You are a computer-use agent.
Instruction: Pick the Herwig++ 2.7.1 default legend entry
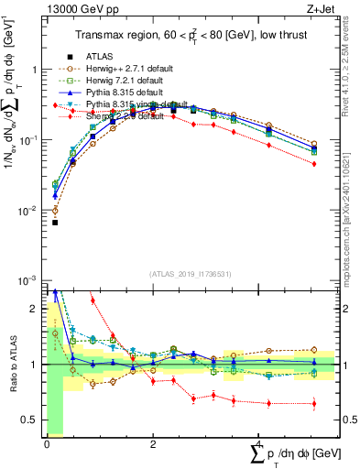[128, 68]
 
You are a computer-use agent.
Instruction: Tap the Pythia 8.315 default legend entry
[126, 92]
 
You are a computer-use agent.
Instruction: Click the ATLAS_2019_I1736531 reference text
[190, 273]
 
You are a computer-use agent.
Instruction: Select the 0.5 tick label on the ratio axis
[30, 420]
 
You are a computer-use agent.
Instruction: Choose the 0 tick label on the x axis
[47, 443]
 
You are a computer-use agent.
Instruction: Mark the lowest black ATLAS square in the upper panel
[55, 222]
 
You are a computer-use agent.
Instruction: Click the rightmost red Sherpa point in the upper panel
[314, 164]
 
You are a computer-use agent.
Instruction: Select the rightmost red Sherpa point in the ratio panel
[314, 404]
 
